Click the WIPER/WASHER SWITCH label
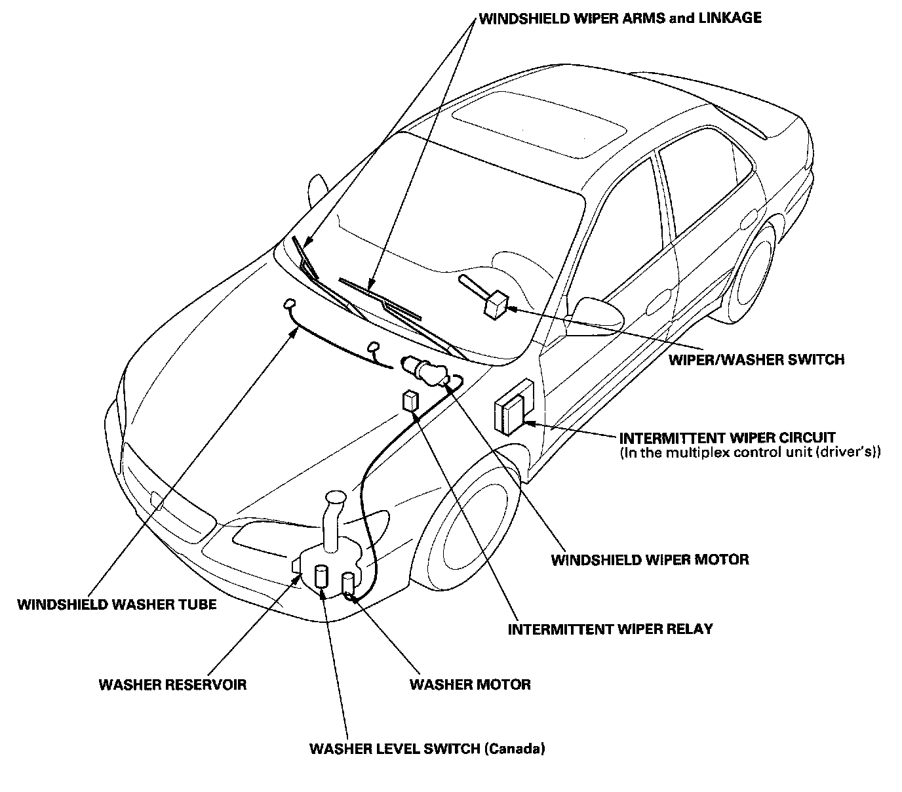click(756, 359)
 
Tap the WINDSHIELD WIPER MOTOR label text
click(650, 559)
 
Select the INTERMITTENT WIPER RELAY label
click(610, 629)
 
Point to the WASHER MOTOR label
click(470, 684)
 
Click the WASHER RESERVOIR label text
click(172, 684)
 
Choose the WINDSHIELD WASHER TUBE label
click(117, 604)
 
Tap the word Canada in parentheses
click(515, 748)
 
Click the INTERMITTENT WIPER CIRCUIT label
click(728, 437)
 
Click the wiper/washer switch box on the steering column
click(496, 304)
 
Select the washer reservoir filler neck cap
click(336, 499)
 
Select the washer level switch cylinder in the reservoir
click(322, 576)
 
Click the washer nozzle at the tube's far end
click(289, 304)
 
